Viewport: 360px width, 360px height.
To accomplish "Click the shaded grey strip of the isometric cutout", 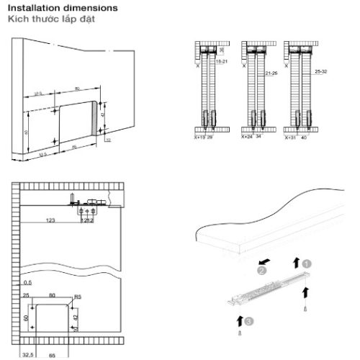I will [x=94, y=118].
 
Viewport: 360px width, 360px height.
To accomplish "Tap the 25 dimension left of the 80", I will [x=27, y=295].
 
